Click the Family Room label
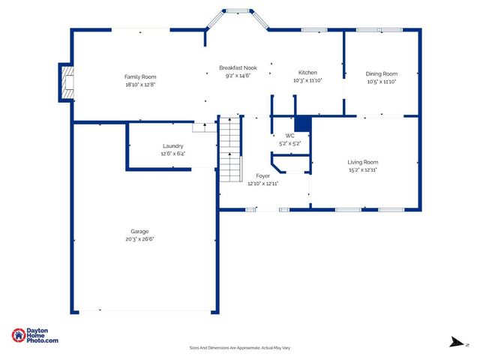139,76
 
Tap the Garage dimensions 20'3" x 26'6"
139,239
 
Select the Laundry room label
172,145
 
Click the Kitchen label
307,73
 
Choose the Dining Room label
381,73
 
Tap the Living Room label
362,162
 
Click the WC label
289,136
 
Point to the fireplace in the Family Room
67,82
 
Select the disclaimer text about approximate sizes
239,348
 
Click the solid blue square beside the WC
302,124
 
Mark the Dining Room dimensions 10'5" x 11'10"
381,82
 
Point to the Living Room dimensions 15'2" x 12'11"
362,170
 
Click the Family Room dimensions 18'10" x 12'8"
139,85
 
